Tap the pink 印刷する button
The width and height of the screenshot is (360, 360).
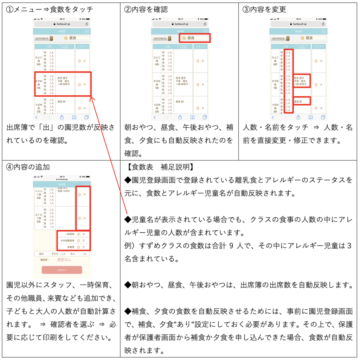[62, 270]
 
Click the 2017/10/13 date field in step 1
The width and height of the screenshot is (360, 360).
[42, 38]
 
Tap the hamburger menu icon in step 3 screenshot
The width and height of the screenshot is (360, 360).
[323, 31]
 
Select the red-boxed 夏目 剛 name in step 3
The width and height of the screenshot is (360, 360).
[301, 101]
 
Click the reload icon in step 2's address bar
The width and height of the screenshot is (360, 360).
[205, 24]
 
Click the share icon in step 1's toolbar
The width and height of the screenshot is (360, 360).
[62, 117]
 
